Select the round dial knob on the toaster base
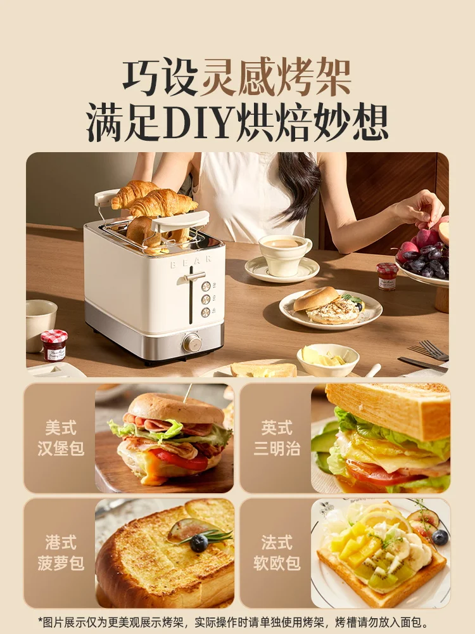click(x=193, y=343)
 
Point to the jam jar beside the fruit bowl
click(x=387, y=276)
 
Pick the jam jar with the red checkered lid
click(x=54, y=345)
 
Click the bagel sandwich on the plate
click(x=328, y=306)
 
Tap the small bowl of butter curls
click(x=327, y=359)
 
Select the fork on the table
click(x=429, y=350)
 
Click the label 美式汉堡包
click(x=61, y=438)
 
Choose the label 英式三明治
click(x=277, y=438)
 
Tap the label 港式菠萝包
click(x=61, y=553)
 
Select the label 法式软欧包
click(x=277, y=553)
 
